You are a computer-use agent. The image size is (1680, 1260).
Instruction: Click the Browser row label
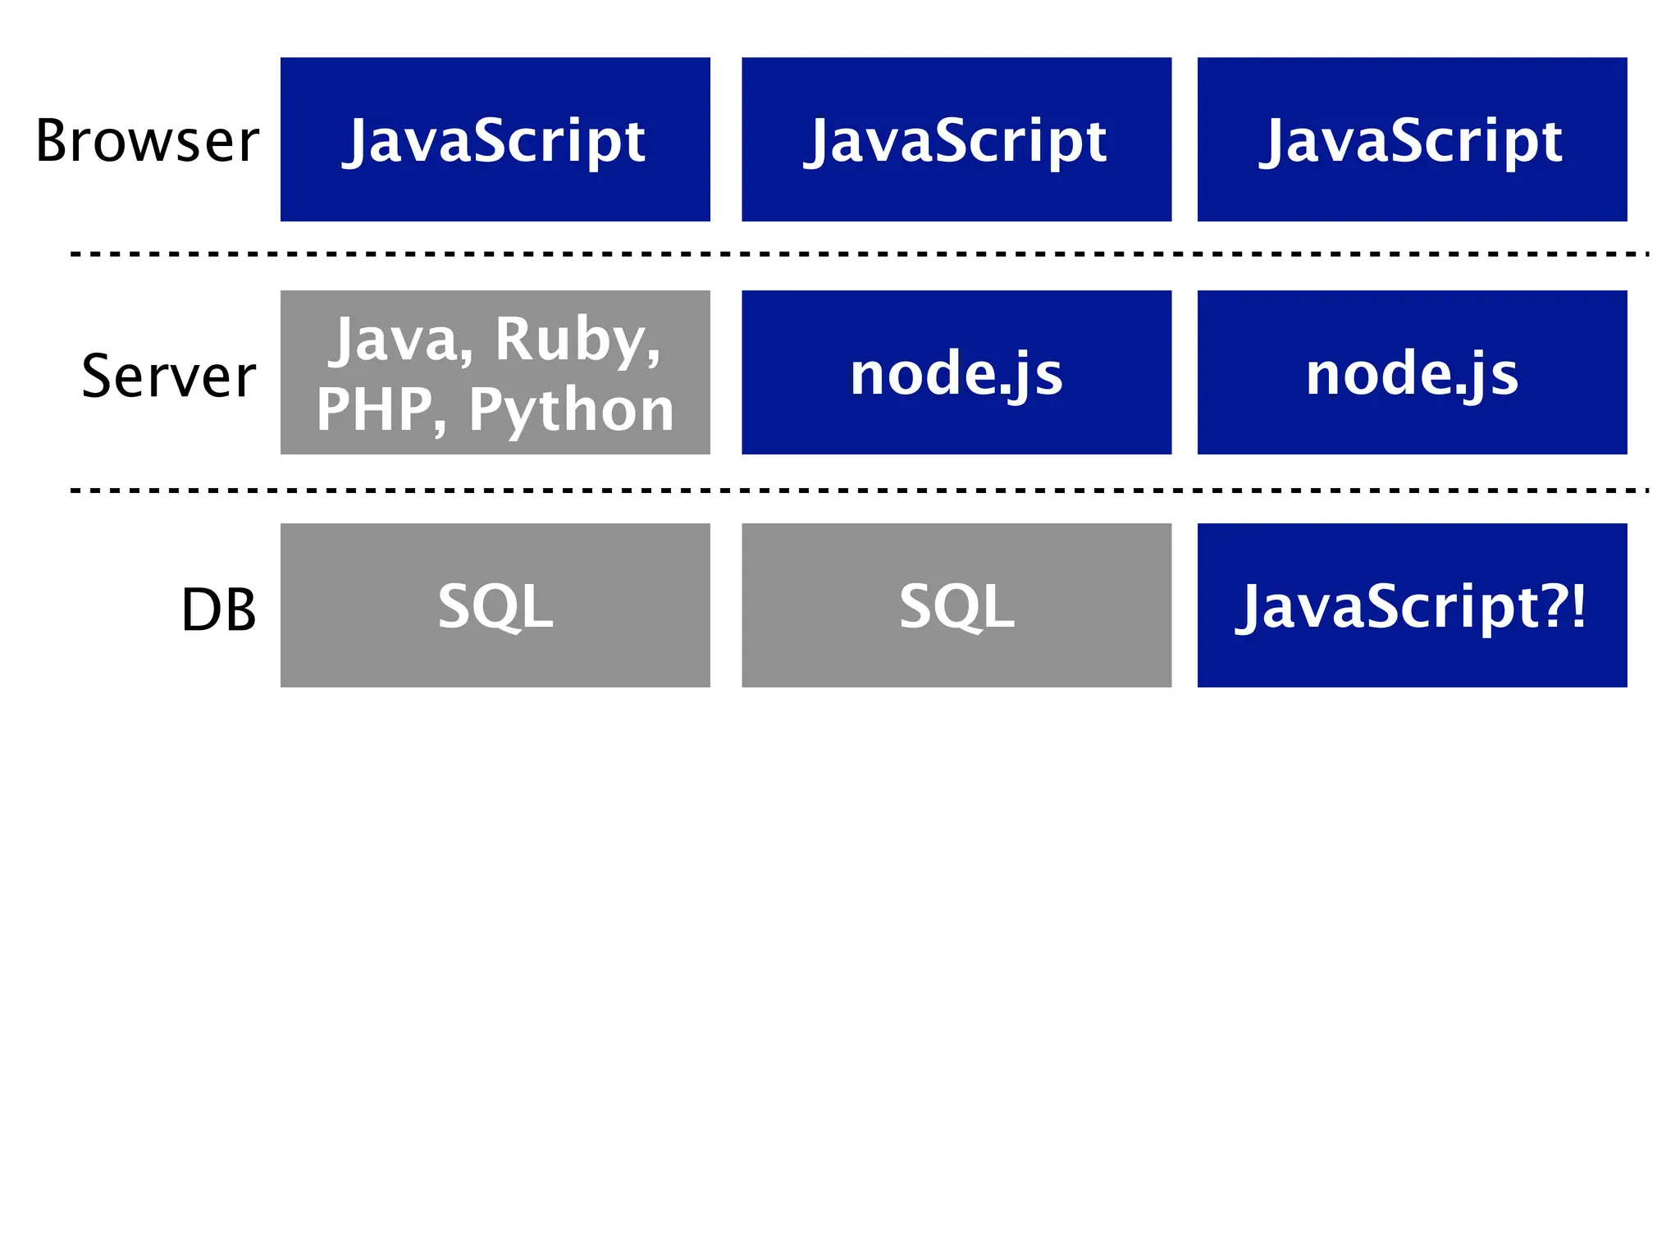click(148, 141)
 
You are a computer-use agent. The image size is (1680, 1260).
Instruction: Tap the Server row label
click(169, 376)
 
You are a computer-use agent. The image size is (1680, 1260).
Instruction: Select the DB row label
click(218, 609)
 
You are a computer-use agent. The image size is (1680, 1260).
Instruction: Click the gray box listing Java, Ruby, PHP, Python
click(495, 372)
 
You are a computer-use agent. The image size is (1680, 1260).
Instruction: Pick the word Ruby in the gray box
click(577, 340)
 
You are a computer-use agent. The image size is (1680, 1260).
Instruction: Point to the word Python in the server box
click(571, 410)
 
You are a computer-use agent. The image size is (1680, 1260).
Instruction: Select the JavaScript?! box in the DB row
click(1411, 605)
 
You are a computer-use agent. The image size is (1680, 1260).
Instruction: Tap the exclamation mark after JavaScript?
click(1578, 606)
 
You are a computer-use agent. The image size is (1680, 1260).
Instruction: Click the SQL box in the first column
click(495, 605)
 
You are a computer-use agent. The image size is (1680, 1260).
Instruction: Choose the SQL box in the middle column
click(956, 605)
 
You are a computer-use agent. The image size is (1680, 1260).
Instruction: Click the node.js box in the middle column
click(956, 372)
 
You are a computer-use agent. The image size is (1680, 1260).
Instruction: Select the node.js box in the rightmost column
click(1411, 372)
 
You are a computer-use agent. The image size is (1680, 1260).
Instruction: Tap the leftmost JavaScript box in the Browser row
click(495, 139)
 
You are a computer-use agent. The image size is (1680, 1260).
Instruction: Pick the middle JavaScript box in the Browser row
click(956, 139)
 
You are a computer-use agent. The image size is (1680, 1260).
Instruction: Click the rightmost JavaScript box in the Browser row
click(1411, 139)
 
